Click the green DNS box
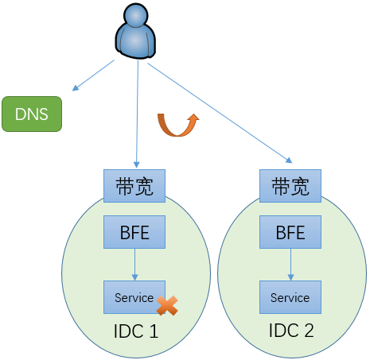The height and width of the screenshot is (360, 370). pyautogui.click(x=32, y=114)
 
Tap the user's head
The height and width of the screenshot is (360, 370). pyautogui.click(x=136, y=15)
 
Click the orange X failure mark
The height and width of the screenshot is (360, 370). pyautogui.click(x=167, y=305)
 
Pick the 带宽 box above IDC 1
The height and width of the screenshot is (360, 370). pyautogui.click(x=134, y=186)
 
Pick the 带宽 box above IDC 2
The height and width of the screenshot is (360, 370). pyautogui.click(x=290, y=186)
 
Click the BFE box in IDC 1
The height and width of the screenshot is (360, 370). pyautogui.click(x=134, y=232)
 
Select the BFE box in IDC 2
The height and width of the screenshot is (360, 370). pyautogui.click(x=290, y=232)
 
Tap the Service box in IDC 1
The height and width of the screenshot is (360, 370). pyautogui.click(x=134, y=297)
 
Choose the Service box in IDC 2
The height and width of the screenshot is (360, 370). pyautogui.click(x=290, y=297)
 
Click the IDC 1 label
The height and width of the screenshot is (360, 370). pyautogui.click(x=136, y=331)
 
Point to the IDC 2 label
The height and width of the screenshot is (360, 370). pyautogui.click(x=291, y=331)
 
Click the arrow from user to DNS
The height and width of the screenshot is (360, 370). pyautogui.click(x=93, y=75)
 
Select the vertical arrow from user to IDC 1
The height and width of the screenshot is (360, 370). pyautogui.click(x=137, y=114)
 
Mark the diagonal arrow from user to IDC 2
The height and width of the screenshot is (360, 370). pyautogui.click(x=220, y=113)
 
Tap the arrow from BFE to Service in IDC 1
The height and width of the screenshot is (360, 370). pyautogui.click(x=134, y=265)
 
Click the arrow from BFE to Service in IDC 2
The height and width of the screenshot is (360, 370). pyautogui.click(x=290, y=265)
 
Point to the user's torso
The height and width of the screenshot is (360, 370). pyautogui.click(x=135, y=41)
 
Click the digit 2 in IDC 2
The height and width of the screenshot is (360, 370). pyautogui.click(x=309, y=331)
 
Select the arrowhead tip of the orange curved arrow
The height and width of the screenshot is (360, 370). pyautogui.click(x=196, y=114)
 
